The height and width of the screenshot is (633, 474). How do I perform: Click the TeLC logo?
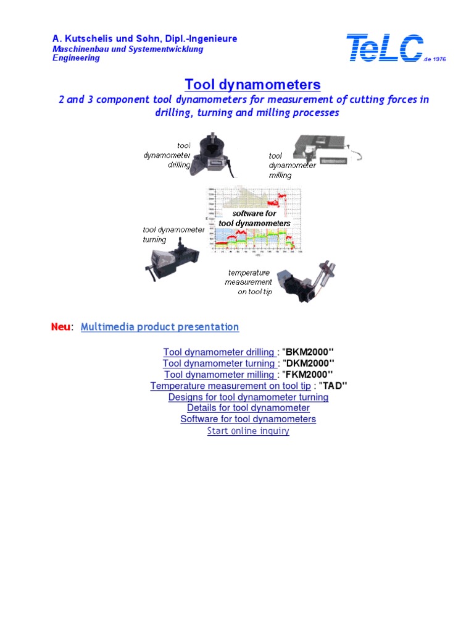point(386,48)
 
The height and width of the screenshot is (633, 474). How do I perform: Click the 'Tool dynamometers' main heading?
point(252,84)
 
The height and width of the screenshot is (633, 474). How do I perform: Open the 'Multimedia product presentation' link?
point(160,326)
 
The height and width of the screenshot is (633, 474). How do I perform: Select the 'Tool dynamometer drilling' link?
point(218,352)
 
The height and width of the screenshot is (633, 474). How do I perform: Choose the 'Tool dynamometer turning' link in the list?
point(219,363)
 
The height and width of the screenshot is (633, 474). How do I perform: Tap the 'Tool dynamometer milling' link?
point(220,375)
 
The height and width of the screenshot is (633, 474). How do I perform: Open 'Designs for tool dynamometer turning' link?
point(248,397)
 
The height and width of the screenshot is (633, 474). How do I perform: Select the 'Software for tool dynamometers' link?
point(248,419)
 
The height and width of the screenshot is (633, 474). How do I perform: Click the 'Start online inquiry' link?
point(248,431)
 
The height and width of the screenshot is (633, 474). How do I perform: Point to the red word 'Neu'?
point(60,326)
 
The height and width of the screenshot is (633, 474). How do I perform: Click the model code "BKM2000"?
point(309,352)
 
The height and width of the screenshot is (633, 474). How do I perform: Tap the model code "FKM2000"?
point(308,375)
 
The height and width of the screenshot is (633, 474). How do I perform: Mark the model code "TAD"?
point(333,386)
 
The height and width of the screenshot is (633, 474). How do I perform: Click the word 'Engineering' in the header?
point(75,58)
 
